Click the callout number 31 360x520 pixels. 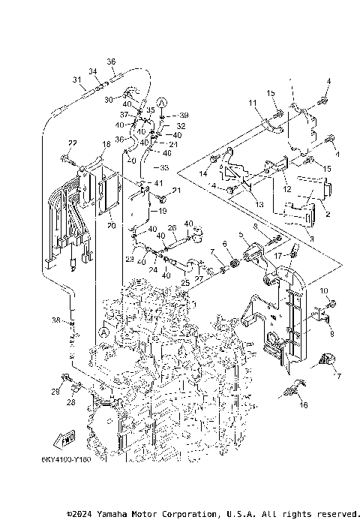pyautogui.click(x=76, y=80)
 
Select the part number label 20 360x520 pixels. pyautogui.click(x=109, y=224)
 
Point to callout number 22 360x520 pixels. pyautogui.click(x=73, y=143)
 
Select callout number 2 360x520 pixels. pyautogui.click(x=327, y=213)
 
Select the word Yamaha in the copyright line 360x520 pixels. pyautogui.click(x=113, y=514)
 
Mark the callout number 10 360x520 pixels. pyautogui.click(x=325, y=290)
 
